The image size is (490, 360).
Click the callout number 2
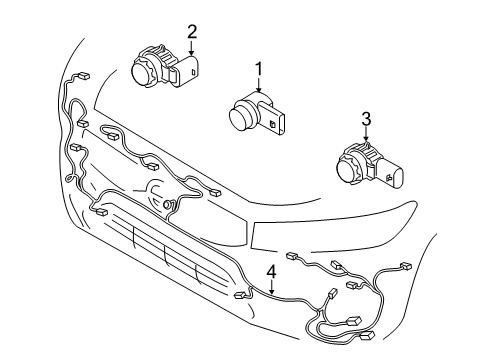(x=192, y=32)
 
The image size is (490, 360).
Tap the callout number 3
(x=366, y=120)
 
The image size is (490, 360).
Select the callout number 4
(x=270, y=271)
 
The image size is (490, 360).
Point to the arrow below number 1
(x=258, y=88)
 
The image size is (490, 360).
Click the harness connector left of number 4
(x=240, y=297)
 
